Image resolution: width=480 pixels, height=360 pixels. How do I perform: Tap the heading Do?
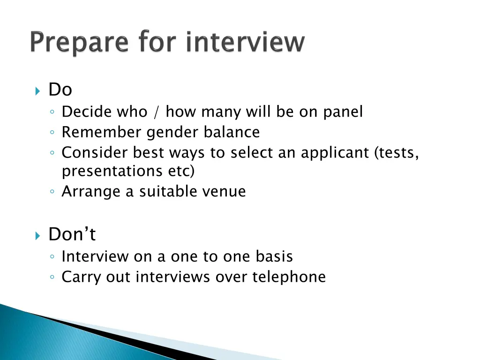click(60, 90)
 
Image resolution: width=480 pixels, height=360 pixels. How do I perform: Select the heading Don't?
click(72, 234)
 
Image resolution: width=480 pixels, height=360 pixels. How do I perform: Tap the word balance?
click(232, 133)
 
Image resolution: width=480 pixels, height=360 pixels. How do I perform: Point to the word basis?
click(274, 256)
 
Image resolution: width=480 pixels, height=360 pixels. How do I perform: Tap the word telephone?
click(289, 277)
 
